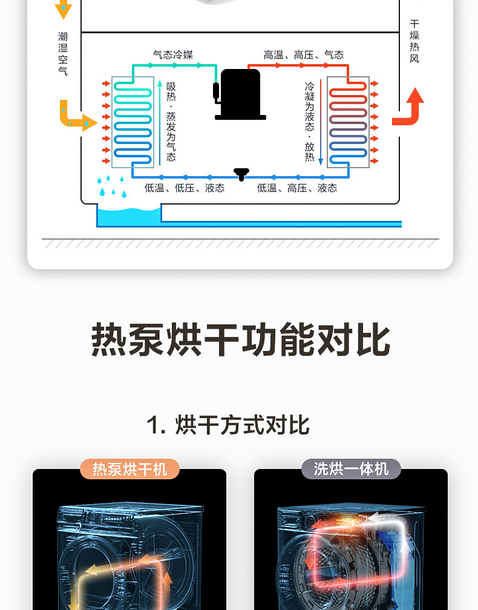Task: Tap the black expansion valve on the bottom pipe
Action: (x=241, y=174)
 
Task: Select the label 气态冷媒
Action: (x=173, y=55)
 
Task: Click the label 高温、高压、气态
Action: (x=303, y=55)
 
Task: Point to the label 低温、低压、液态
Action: (x=185, y=188)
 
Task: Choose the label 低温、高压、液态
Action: (x=296, y=188)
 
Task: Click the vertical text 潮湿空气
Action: (x=63, y=54)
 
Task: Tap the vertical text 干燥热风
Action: (x=414, y=41)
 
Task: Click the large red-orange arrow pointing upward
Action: (x=408, y=107)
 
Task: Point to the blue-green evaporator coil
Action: (x=133, y=122)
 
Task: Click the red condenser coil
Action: (x=348, y=122)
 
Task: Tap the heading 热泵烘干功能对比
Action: (x=240, y=339)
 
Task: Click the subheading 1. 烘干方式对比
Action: (x=228, y=425)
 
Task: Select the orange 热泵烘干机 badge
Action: (x=129, y=469)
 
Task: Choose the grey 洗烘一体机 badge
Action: (x=351, y=469)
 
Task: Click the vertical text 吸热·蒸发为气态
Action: (x=171, y=122)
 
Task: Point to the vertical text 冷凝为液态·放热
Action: (x=310, y=122)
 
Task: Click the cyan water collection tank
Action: (x=129, y=215)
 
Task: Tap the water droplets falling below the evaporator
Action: (x=112, y=186)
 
